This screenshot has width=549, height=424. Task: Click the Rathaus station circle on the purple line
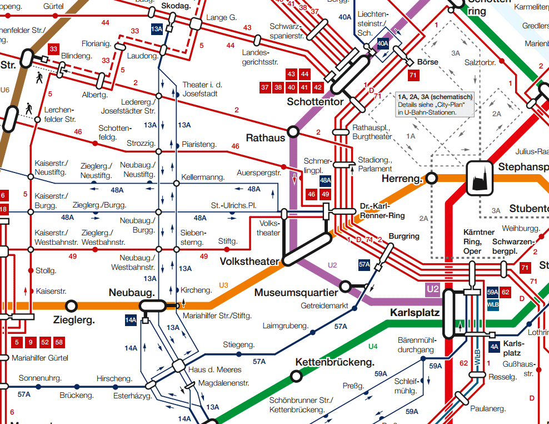tap(293, 131)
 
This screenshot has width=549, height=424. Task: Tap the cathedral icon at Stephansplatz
tap(480, 178)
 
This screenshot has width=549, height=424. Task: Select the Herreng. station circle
tap(431, 178)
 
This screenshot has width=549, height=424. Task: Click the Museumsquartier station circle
tap(345, 287)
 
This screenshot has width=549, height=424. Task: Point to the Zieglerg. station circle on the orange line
tap(71, 305)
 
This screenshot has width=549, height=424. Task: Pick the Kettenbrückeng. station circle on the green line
tap(297, 376)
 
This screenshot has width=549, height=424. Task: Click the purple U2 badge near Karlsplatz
tap(433, 289)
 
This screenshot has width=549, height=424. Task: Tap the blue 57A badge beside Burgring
tap(365, 265)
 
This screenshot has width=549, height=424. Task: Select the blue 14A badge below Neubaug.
tap(131, 320)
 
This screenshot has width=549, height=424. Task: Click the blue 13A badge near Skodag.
tap(157, 29)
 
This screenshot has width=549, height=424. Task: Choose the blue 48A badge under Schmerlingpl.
tap(326, 180)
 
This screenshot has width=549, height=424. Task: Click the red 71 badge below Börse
tap(413, 75)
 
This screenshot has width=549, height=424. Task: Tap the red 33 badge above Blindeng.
tap(53, 49)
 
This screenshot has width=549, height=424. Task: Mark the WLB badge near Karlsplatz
tap(492, 304)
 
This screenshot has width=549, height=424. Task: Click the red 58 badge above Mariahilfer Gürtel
tap(59, 342)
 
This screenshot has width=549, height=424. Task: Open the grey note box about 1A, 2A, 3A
tap(435, 104)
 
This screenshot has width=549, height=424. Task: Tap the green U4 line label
tap(373, 347)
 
